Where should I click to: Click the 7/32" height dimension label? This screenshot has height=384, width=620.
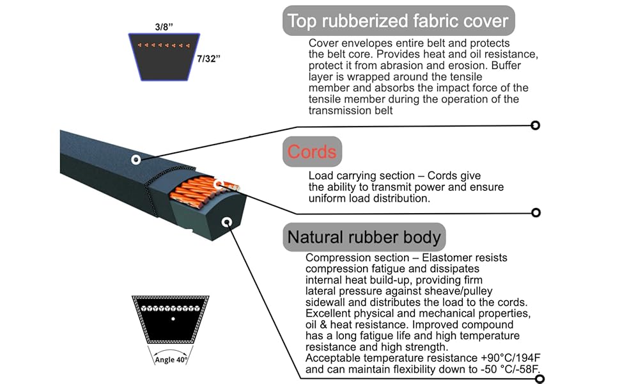pos(209,58)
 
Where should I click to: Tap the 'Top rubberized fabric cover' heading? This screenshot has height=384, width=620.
pos(398,20)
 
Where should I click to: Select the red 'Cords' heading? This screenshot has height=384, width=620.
pos(312,152)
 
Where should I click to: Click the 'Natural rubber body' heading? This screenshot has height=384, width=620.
pos(364,237)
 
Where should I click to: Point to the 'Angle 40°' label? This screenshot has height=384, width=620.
pos(171,360)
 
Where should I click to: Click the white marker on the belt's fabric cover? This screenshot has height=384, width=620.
pos(136,159)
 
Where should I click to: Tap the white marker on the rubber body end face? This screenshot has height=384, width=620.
pos(226,222)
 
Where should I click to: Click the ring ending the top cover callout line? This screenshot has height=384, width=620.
pos(536,125)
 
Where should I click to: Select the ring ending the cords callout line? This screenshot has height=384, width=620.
pos(536,212)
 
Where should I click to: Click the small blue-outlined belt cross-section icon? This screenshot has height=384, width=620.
pos(166,56)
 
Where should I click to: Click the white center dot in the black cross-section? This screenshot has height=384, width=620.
pos(172,318)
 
